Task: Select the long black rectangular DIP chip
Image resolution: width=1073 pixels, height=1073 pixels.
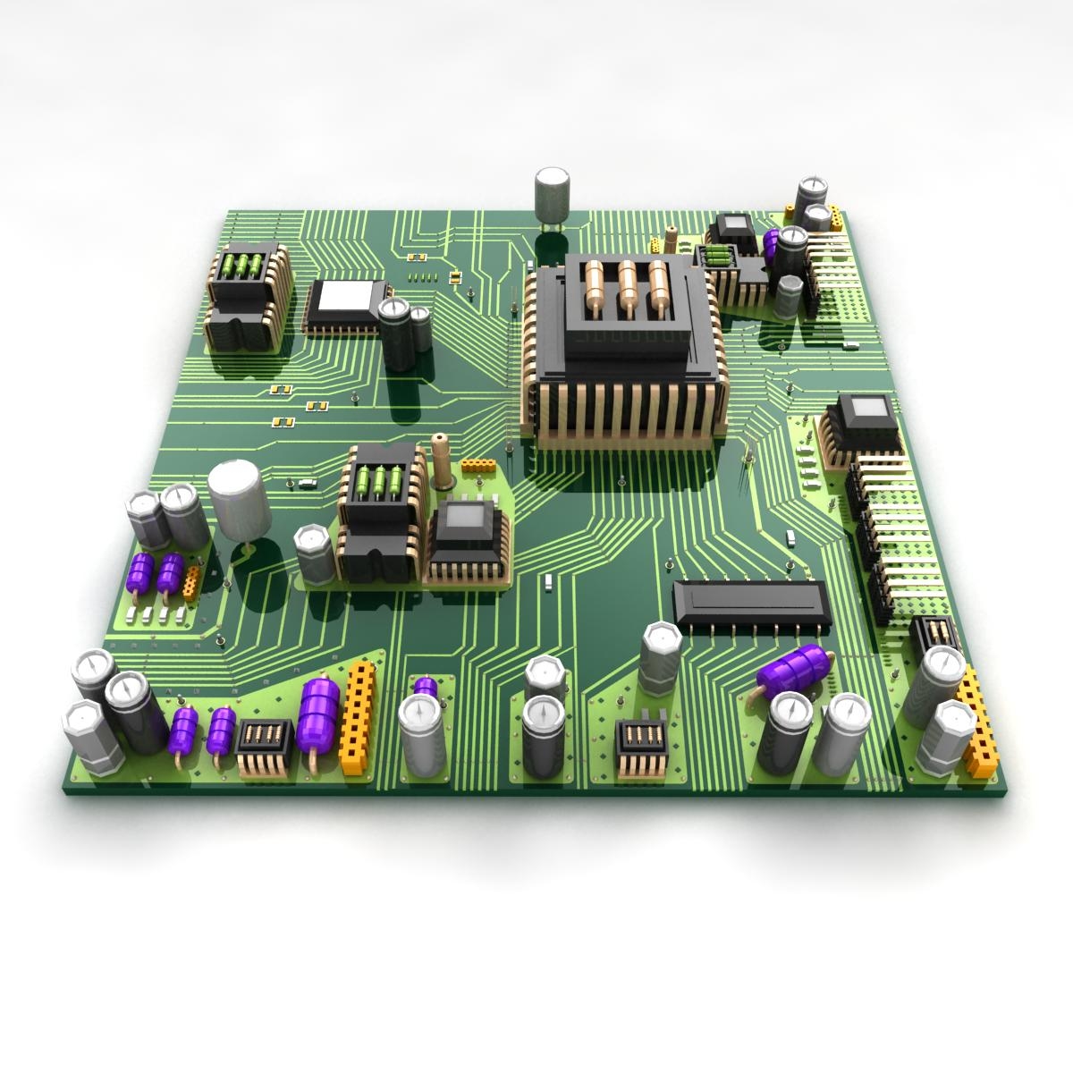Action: click(752, 602)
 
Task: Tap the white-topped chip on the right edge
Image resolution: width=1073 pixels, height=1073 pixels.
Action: click(866, 420)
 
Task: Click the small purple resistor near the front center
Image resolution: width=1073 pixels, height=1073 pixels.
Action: click(426, 687)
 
